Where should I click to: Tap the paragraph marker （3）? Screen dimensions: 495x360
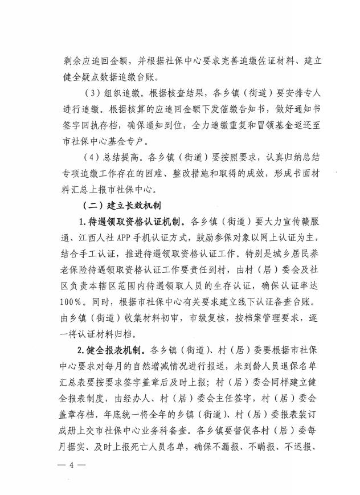point(91,93)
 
